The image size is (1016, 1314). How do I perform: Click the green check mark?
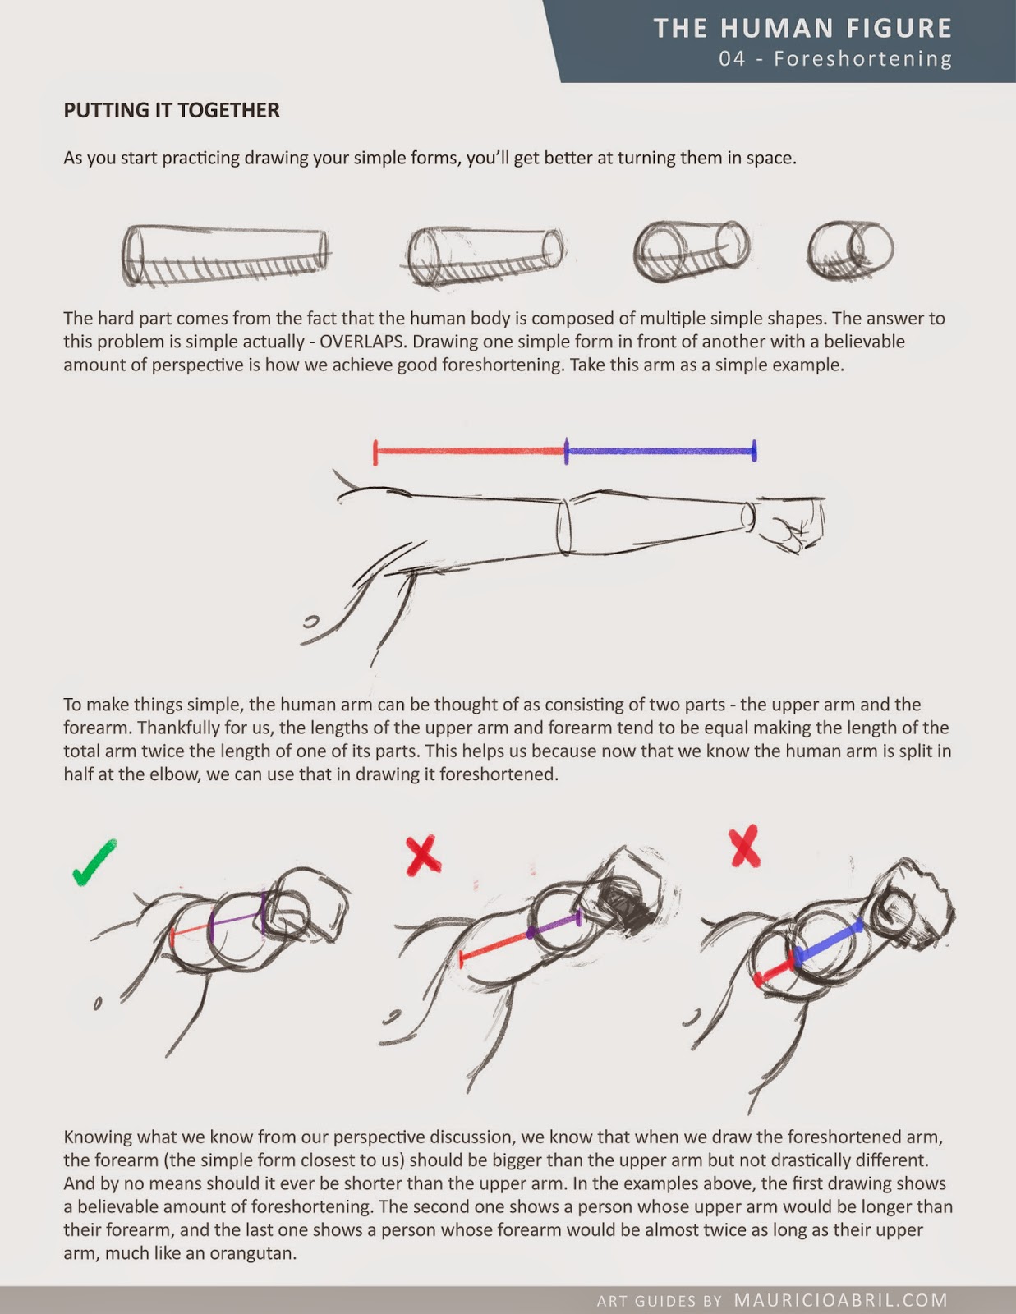coord(94,862)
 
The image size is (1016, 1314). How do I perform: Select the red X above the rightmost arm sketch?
coord(745,847)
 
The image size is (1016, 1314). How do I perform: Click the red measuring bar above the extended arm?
coord(470,452)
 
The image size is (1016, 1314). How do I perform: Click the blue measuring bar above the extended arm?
coord(660,451)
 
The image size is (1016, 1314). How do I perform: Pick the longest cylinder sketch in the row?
coord(226,255)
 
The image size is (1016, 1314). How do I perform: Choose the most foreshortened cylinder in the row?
coord(849,250)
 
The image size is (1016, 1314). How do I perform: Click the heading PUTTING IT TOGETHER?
coord(172,110)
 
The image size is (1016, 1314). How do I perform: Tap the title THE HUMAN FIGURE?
coord(802,29)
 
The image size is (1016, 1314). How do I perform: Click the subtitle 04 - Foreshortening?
coord(835,59)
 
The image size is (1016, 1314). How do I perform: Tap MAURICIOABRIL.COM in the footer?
coord(840,1300)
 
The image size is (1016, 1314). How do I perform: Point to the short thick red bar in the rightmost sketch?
coord(774,970)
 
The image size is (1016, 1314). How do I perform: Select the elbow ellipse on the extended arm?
coord(564,526)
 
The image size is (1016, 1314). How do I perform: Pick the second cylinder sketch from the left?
coord(485,256)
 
